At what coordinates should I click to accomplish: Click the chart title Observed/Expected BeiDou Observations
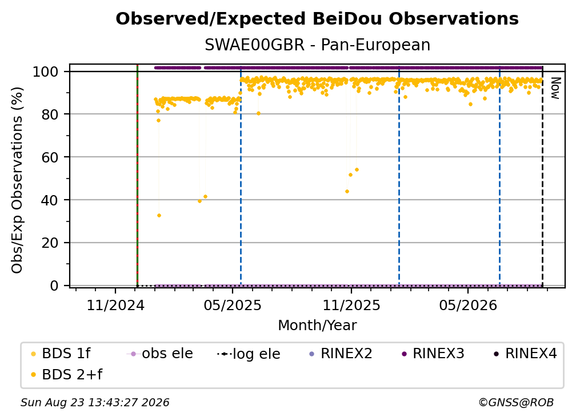(317, 19)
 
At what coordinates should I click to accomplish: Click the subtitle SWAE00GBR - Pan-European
(317, 45)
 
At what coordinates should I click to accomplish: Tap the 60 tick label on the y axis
(50, 157)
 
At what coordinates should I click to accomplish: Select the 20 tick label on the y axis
(50, 243)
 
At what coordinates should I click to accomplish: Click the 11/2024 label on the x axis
(115, 305)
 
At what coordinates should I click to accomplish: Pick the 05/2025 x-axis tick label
(232, 305)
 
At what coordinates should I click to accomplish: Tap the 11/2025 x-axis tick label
(351, 305)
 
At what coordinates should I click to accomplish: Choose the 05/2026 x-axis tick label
(467, 305)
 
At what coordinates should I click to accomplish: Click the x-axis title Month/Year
(317, 326)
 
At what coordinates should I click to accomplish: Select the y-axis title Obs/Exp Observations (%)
(17, 180)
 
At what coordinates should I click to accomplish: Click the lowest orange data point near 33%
(159, 216)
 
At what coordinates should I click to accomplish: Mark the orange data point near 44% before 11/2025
(347, 191)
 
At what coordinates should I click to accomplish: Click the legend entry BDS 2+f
(67, 374)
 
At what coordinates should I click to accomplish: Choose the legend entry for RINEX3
(433, 354)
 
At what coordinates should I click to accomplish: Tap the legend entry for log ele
(249, 354)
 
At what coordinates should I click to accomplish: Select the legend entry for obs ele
(159, 354)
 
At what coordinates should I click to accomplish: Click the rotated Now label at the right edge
(555, 88)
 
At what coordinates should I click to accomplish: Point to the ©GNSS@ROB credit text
(516, 402)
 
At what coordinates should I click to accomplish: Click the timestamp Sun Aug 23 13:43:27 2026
(95, 402)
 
